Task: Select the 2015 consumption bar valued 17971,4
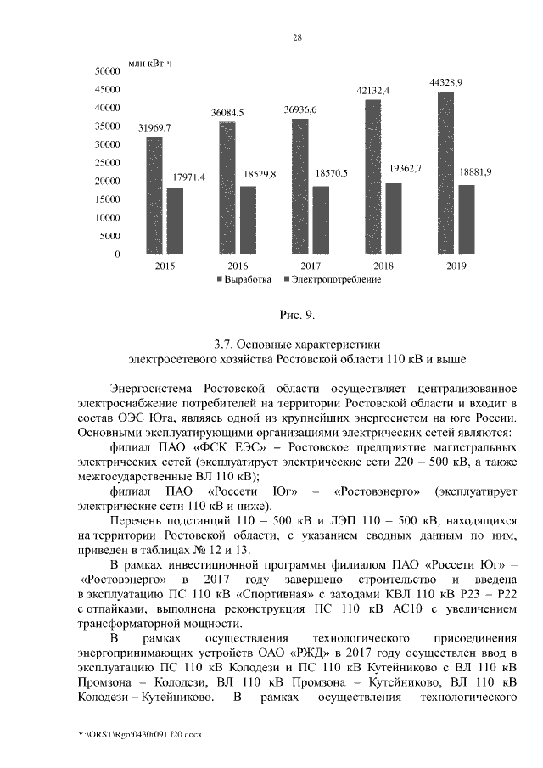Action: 176,221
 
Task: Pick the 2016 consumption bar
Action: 247,220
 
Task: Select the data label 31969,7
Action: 154,127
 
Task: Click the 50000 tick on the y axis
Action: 106,72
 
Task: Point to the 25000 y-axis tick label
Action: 106,163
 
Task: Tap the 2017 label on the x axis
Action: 309,266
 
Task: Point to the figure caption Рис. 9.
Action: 297,316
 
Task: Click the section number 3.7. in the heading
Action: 226,344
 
